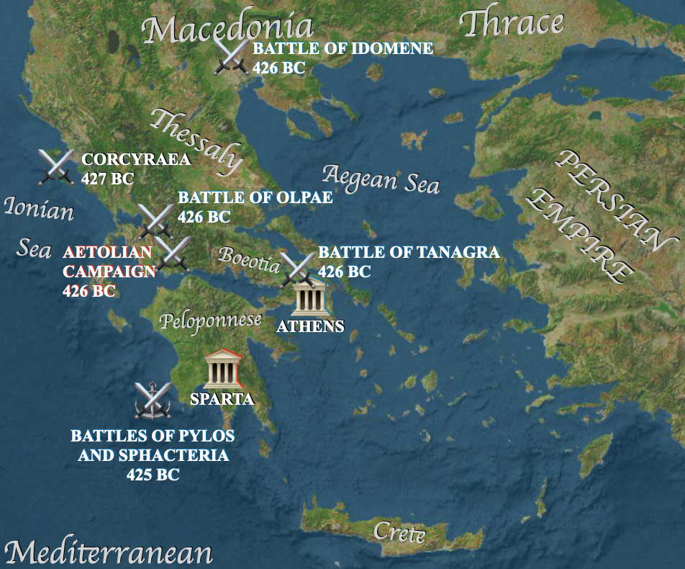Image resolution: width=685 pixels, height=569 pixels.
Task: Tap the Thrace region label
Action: pyautogui.click(x=512, y=23)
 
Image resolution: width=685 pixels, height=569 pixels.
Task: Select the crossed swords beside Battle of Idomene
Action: pyautogui.click(x=232, y=55)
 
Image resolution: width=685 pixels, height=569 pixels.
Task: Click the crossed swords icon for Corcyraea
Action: pyautogui.click(x=57, y=166)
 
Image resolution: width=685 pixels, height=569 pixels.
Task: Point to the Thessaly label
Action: pyautogui.click(x=195, y=140)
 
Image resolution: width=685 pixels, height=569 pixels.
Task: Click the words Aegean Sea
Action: pyautogui.click(x=381, y=178)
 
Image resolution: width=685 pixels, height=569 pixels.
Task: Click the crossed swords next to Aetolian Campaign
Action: pyautogui.click(x=172, y=254)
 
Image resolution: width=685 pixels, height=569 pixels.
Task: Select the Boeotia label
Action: pyautogui.click(x=249, y=259)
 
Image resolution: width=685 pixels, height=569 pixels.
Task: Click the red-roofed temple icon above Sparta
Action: pyautogui.click(x=222, y=369)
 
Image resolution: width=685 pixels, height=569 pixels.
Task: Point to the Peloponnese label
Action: pyautogui.click(x=210, y=321)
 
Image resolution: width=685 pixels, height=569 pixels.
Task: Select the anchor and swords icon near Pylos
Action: pyautogui.click(x=153, y=400)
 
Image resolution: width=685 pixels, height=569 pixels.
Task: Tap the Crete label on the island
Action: pyautogui.click(x=399, y=534)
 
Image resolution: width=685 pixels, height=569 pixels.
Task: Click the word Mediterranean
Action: pyautogui.click(x=109, y=552)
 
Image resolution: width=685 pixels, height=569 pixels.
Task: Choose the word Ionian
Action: pyautogui.click(x=39, y=209)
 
